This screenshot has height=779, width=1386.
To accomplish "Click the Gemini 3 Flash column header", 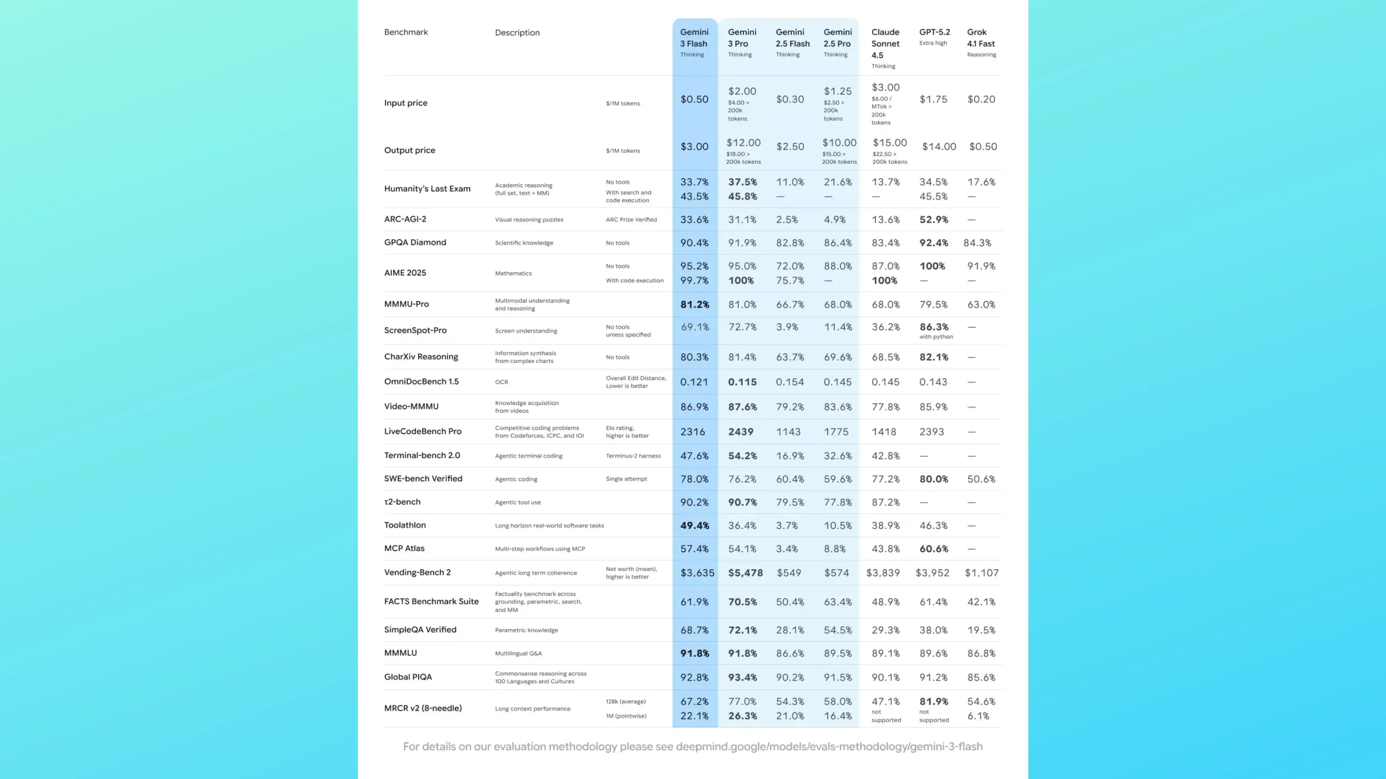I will pyautogui.click(x=694, y=42).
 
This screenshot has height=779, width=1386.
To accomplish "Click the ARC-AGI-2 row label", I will pyautogui.click(x=405, y=219).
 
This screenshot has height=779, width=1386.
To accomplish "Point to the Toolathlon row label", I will pyautogui.click(x=405, y=525).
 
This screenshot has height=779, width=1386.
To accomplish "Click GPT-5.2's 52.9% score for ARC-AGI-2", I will pyautogui.click(x=934, y=219).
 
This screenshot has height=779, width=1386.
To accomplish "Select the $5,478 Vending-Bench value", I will pyautogui.click(x=745, y=573).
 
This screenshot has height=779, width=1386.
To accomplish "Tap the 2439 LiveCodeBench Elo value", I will pyautogui.click(x=741, y=432).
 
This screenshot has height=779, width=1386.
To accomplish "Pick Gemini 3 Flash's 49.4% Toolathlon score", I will pyautogui.click(x=694, y=525).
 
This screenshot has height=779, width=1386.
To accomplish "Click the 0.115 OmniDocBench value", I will pyautogui.click(x=742, y=382).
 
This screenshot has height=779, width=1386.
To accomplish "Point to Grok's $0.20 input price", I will pyautogui.click(x=981, y=99).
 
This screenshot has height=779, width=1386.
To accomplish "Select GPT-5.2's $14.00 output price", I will pyautogui.click(x=939, y=146).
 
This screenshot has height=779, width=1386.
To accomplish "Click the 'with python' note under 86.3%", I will pyautogui.click(x=936, y=337).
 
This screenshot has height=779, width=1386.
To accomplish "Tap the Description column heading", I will pyautogui.click(x=517, y=32).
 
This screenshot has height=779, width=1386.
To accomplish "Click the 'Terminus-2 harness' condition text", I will pyautogui.click(x=633, y=455).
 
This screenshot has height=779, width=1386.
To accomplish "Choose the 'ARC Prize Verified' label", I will pyautogui.click(x=631, y=219).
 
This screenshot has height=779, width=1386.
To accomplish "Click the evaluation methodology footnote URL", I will pyautogui.click(x=829, y=746).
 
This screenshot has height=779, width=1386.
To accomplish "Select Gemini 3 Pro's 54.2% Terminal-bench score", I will pyautogui.click(x=743, y=455).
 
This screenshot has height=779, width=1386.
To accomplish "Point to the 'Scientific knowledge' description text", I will pyautogui.click(x=524, y=242).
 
